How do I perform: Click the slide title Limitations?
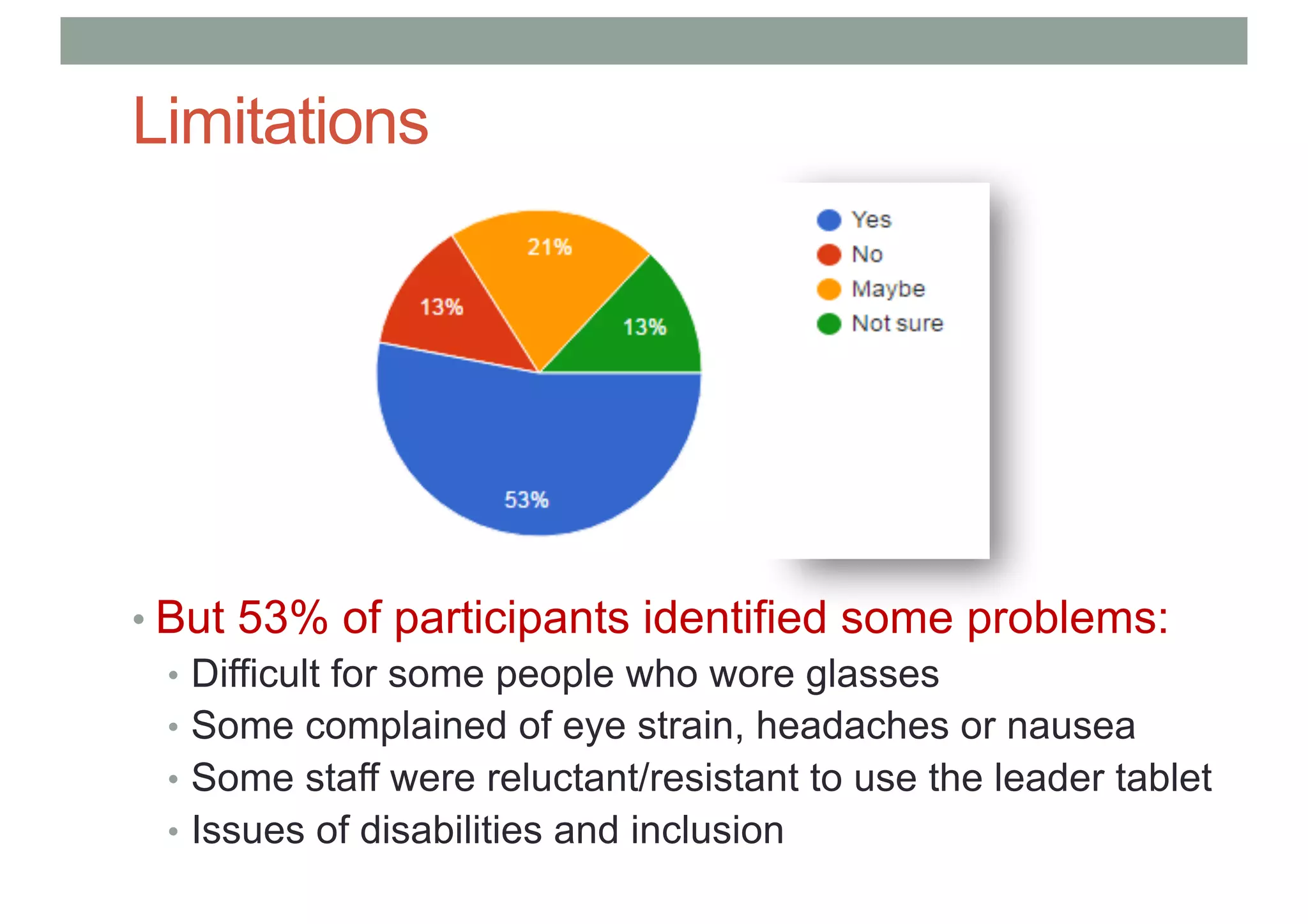click(280, 121)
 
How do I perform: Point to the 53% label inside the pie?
click(526, 500)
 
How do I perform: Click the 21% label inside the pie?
click(549, 247)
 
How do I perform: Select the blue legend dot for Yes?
click(828, 220)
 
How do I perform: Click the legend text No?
click(867, 255)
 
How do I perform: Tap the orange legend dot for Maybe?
click(828, 289)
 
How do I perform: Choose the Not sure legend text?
click(897, 324)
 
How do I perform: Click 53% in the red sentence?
click(282, 617)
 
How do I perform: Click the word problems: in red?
click(1068, 619)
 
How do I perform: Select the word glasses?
click(872, 675)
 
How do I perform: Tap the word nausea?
click(1071, 727)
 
